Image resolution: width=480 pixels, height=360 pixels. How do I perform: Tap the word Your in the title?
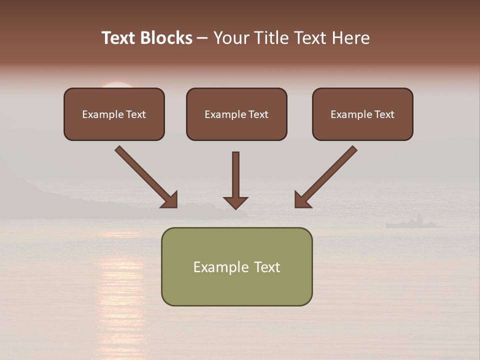click(x=230, y=38)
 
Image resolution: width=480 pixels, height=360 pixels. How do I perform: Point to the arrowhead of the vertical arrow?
click(x=235, y=202)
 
